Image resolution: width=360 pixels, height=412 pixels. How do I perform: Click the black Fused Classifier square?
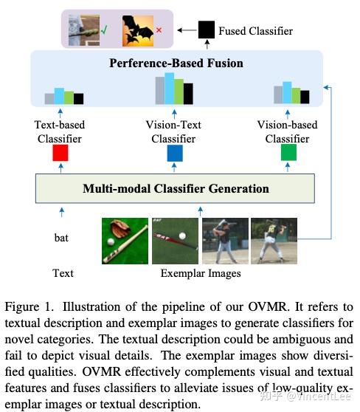click(207, 30)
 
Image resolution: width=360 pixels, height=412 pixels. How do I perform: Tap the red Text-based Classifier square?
click(60, 153)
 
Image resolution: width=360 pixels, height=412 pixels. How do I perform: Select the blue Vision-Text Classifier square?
click(175, 153)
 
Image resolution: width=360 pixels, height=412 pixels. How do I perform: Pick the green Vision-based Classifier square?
click(288, 152)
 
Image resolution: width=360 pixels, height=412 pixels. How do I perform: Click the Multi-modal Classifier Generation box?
click(175, 188)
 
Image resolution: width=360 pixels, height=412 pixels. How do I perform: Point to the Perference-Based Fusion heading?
click(176, 63)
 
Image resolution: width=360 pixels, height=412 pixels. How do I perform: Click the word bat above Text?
click(61, 238)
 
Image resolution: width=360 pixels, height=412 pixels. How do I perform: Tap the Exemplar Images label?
click(201, 273)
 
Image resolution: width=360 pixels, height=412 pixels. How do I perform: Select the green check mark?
click(104, 30)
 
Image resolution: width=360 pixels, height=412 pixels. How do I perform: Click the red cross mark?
click(159, 30)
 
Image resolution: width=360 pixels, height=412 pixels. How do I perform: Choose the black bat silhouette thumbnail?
click(138, 31)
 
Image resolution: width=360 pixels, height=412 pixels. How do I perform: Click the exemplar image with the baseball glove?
click(125, 241)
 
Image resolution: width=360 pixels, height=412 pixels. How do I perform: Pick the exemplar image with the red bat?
click(175, 241)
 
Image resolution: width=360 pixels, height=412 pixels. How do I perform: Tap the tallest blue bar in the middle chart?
click(170, 89)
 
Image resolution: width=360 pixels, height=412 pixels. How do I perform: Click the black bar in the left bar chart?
click(78, 99)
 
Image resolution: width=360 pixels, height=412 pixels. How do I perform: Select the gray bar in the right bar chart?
click(278, 95)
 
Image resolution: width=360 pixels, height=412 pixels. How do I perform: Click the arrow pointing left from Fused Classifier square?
click(187, 30)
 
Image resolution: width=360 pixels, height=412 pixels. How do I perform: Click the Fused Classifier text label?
click(255, 31)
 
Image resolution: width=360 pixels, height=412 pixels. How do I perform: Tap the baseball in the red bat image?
click(182, 236)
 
